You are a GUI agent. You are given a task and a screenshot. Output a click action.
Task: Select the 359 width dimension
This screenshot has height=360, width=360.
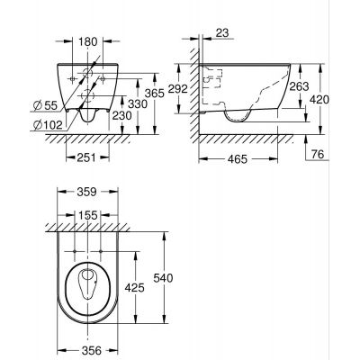point(86,191)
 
